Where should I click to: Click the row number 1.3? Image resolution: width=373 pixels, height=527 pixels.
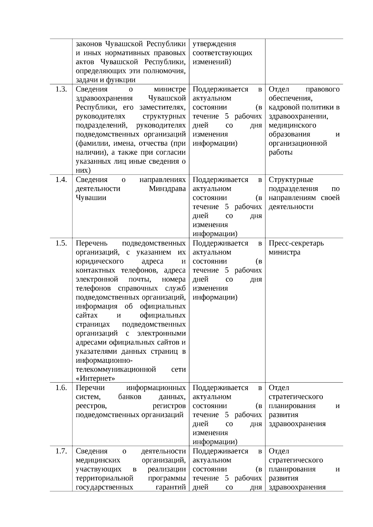[61, 89]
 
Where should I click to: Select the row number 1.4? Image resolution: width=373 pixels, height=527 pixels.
[61, 180]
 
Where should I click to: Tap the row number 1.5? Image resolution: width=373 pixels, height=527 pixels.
[61, 243]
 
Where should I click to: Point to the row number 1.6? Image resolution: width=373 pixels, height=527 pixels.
[61, 388]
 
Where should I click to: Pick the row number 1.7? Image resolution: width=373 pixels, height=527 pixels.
[61, 451]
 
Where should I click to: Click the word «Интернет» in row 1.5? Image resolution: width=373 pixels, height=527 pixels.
[95, 379]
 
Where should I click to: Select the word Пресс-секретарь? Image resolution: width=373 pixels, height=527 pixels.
[296, 243]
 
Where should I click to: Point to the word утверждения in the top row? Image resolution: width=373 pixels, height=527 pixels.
[214, 44]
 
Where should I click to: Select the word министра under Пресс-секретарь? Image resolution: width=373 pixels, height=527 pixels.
[284, 252]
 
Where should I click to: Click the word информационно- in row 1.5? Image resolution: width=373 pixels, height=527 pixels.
[104, 361]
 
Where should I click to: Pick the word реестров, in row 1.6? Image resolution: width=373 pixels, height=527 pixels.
[91, 406]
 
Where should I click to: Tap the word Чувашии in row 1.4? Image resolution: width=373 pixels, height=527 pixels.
[91, 198]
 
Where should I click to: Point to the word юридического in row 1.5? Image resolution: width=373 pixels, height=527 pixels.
[99, 261]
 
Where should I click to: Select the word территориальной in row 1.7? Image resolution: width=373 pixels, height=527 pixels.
[104, 478]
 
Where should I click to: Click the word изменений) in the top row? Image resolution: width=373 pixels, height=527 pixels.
[212, 62]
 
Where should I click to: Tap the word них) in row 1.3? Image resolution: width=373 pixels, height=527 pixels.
[83, 170]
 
